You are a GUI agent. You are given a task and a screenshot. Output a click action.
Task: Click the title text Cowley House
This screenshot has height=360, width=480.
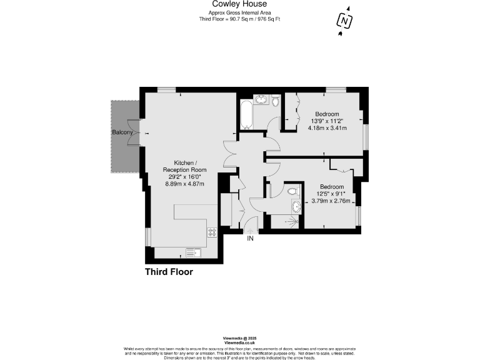pos(240,4)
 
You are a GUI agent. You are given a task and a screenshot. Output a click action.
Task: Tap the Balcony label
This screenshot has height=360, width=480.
pos(122,133)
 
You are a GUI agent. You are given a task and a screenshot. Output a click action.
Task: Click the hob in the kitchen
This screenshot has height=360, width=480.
pos(212,232)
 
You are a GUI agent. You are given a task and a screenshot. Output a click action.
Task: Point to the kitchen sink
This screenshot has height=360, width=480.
pos(192,252)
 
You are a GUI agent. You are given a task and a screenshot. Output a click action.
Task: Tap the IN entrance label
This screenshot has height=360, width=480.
pos(251,238)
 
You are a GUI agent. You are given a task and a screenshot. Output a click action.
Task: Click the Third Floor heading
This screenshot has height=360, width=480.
pos(169,272)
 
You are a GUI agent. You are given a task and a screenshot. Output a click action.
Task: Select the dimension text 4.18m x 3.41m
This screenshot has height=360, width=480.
pos(327,128)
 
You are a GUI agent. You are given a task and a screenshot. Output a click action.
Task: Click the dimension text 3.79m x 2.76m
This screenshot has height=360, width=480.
pos(332,201)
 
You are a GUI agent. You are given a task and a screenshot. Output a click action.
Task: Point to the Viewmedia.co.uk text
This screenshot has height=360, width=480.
pos(240,343)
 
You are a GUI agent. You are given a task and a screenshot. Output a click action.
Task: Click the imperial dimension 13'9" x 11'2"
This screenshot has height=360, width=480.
pos(327,121)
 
